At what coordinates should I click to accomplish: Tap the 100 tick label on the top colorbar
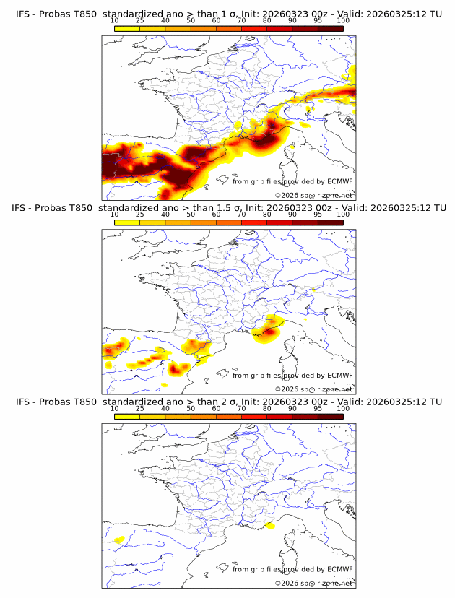pyautogui.click(x=343, y=20)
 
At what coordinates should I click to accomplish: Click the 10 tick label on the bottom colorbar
pyautogui.click(x=115, y=409)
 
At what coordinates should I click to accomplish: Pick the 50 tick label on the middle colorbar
pyautogui.click(x=191, y=214)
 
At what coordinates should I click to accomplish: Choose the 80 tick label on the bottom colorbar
pyautogui.click(x=267, y=409)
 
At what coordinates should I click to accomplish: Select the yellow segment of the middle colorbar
pyautogui.click(x=127, y=222)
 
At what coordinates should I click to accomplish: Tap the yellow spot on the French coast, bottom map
pyautogui.click(x=269, y=526)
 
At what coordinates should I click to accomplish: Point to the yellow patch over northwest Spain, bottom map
pyautogui.click(x=118, y=539)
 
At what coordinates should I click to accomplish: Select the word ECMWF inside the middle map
pyautogui.click(x=340, y=375)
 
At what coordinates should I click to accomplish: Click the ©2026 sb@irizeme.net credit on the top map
pyautogui.click(x=313, y=195)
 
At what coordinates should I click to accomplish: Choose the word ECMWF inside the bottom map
pyautogui.click(x=340, y=569)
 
